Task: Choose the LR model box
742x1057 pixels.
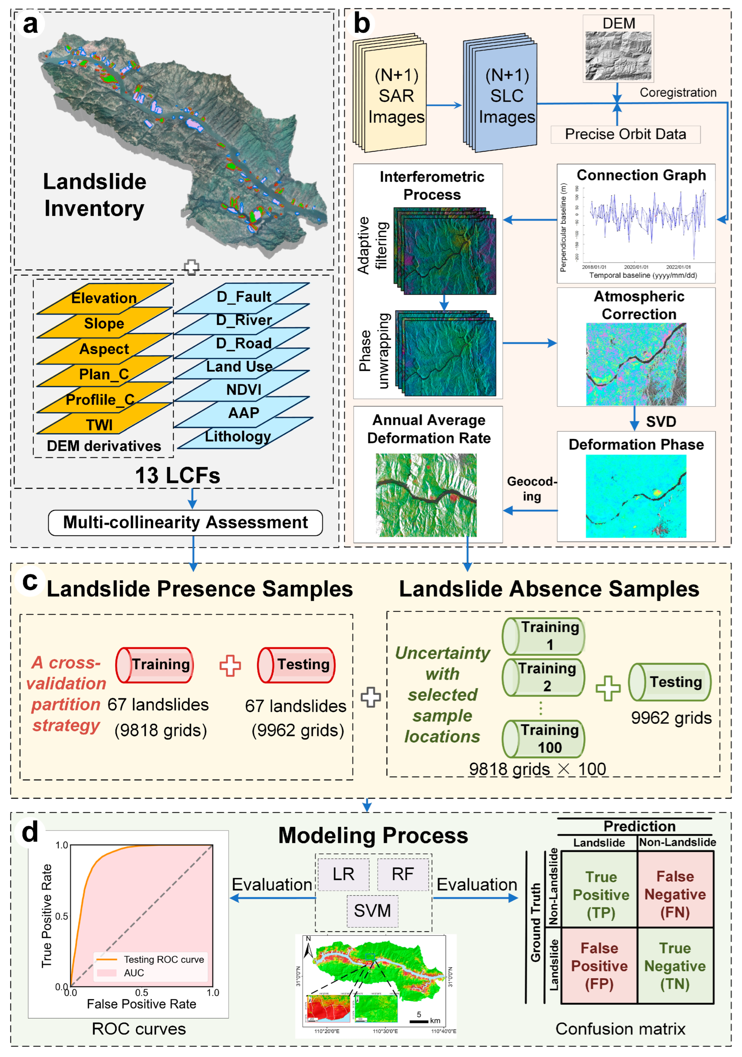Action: point(343,874)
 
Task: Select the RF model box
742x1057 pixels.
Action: point(402,874)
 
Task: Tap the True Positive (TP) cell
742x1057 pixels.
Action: point(600,895)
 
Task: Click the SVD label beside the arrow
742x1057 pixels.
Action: point(660,422)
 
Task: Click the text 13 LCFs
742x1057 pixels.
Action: point(178,475)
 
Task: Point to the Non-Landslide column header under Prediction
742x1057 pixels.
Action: point(677,842)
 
